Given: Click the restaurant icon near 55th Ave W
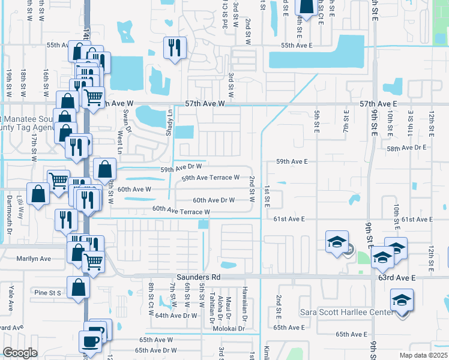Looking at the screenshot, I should coord(175,48).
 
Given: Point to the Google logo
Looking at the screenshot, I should coord(20,353).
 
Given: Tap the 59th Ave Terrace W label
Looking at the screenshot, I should coord(210,178).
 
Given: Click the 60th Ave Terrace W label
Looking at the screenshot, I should coord(181,211).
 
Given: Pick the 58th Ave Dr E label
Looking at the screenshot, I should coord(406,148).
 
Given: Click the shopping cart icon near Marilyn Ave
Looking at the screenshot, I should coord(94,262).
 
